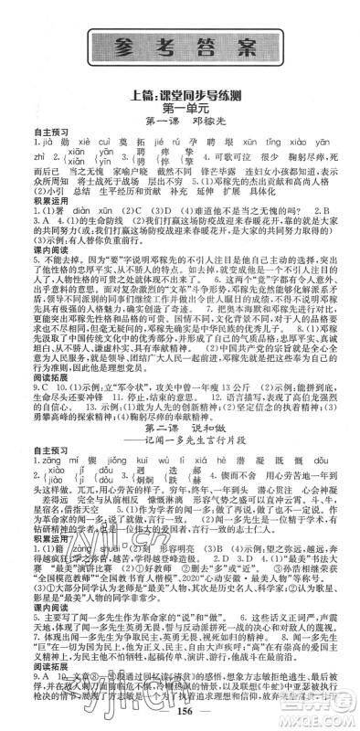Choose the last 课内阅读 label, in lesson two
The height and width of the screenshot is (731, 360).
29,610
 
